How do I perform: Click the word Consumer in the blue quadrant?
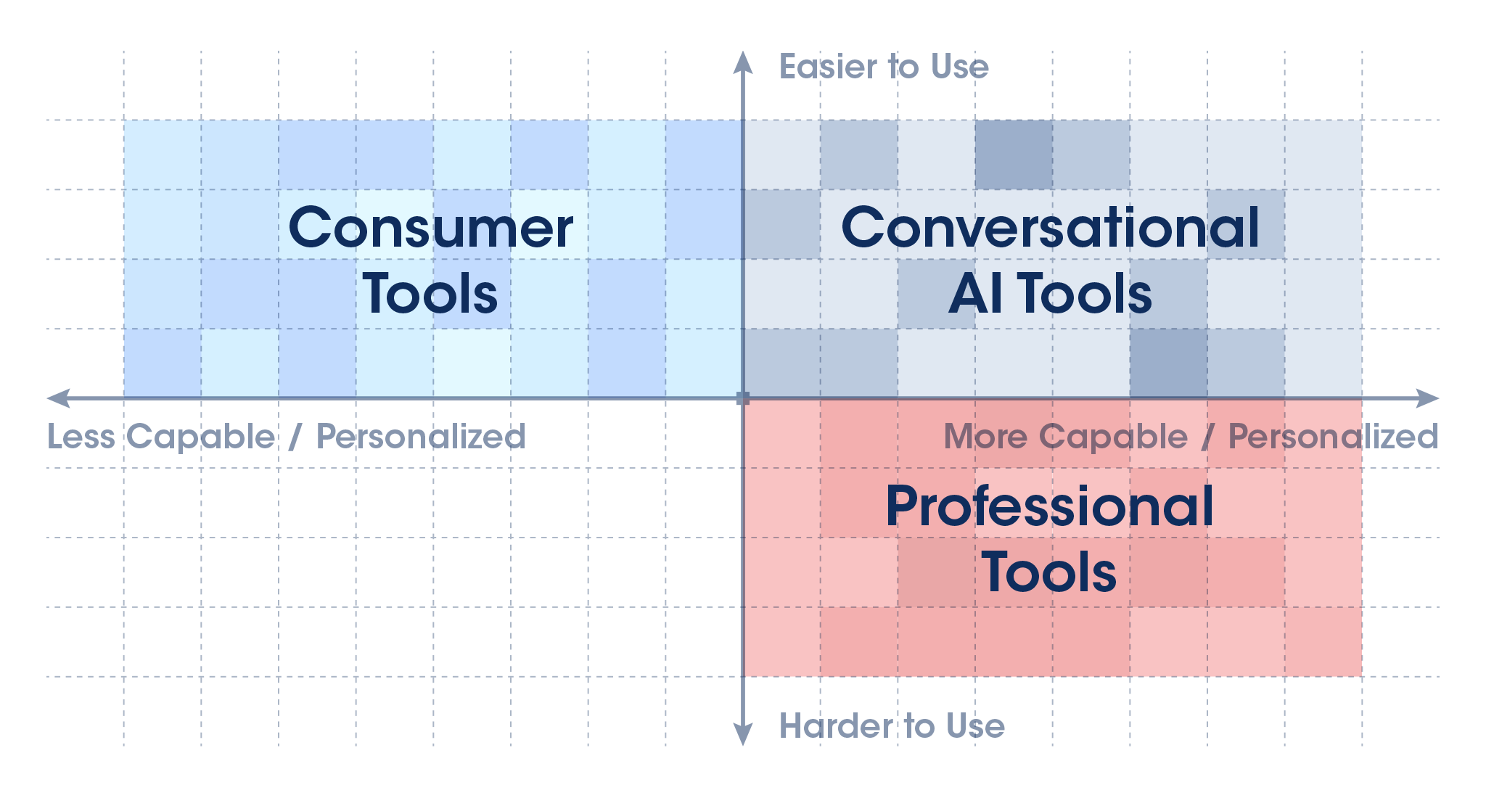click(431, 228)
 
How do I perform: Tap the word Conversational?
click(1050, 228)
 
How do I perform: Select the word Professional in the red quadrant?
click(1049, 506)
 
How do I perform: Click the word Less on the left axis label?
click(81, 437)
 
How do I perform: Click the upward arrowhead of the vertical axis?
click(742, 62)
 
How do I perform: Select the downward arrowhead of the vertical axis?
click(742, 734)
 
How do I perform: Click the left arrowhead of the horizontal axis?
click(58, 398)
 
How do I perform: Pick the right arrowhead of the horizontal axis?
click(1427, 398)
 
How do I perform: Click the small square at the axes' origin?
click(742, 398)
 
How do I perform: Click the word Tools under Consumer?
click(430, 293)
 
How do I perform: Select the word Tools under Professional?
click(1049, 572)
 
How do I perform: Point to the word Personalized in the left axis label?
click(421, 437)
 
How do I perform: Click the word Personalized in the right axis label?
click(1333, 437)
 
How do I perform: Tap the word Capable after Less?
click(201, 437)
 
